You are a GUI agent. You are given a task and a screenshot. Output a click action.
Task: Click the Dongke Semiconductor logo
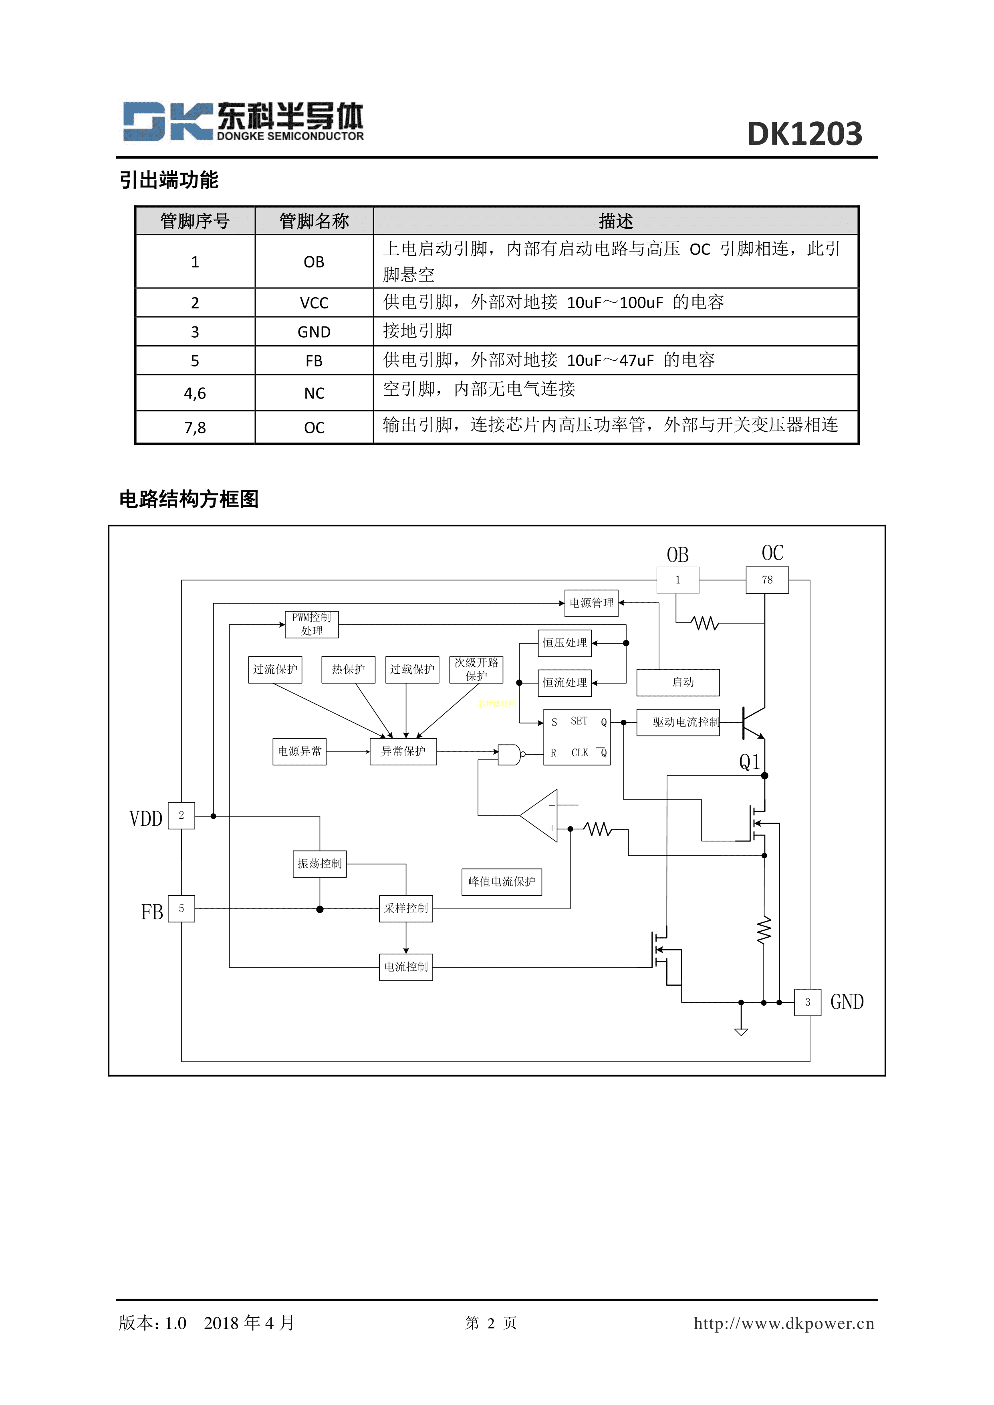(x=243, y=122)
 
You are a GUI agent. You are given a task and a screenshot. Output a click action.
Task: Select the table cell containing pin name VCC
(x=314, y=302)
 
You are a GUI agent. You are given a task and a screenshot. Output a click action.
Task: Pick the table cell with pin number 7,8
(x=195, y=427)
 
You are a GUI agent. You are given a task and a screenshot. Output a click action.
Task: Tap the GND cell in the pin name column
(x=314, y=332)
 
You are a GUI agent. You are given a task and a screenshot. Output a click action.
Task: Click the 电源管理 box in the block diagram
(x=591, y=603)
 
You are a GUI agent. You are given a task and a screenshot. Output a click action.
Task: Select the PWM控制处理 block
(x=312, y=624)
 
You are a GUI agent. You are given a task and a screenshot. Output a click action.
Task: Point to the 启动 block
(x=677, y=682)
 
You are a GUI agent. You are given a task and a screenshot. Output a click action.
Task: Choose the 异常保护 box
(x=403, y=751)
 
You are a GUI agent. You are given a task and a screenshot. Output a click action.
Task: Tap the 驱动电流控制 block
(x=678, y=723)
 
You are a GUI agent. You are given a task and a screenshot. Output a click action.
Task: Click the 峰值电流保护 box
(x=501, y=882)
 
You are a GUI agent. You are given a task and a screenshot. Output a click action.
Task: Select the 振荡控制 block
(x=319, y=864)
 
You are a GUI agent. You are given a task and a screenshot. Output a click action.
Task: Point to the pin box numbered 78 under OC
(x=767, y=580)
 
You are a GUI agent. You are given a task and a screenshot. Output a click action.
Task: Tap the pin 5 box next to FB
(x=181, y=909)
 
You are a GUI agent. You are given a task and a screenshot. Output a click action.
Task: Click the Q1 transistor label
(x=749, y=762)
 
